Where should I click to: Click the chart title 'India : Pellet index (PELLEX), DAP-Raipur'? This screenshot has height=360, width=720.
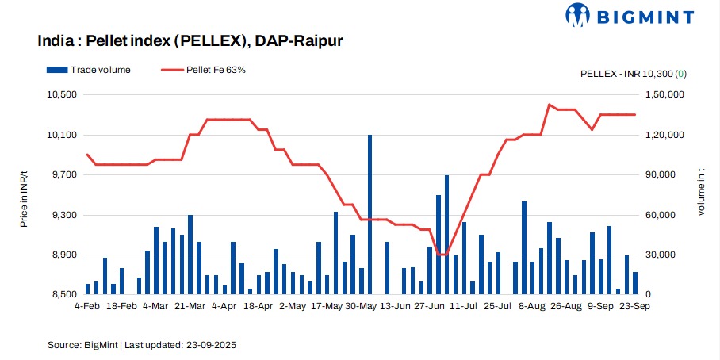[x=190, y=40]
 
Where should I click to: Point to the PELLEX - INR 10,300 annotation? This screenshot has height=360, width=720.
[x=633, y=74]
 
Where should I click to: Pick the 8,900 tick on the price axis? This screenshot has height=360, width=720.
[x=63, y=255]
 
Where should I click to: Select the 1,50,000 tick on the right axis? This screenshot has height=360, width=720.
[x=663, y=94]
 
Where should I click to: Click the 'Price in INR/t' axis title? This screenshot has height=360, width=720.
[x=25, y=193]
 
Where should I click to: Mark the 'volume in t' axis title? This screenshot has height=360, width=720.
[x=700, y=195]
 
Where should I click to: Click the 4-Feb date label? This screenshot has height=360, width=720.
[x=86, y=305]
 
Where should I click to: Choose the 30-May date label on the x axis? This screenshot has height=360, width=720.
[x=361, y=305]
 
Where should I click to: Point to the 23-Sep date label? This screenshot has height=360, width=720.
[x=635, y=305]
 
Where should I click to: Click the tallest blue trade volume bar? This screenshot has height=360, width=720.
[x=370, y=214]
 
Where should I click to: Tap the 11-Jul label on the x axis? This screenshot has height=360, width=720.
[x=464, y=305]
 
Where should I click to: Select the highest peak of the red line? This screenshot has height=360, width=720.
[x=549, y=105]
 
